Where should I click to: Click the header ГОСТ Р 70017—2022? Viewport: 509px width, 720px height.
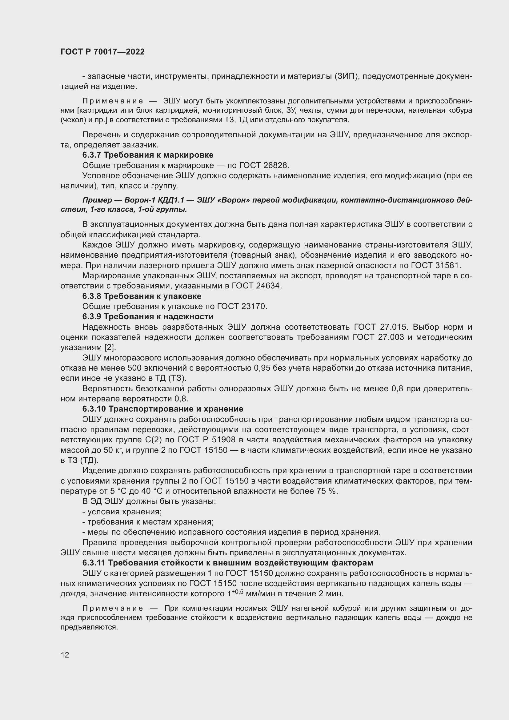pos(102,52)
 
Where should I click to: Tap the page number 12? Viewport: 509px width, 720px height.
pos(65,655)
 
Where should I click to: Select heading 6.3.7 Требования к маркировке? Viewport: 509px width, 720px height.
pos(148,155)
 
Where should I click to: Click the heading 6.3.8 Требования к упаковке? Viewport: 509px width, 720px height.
pos(142,296)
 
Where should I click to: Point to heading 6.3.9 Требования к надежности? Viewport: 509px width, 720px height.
pos(148,316)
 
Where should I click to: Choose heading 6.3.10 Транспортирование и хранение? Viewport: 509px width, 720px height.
pos(163,409)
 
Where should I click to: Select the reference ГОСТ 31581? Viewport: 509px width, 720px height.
pos(435,265)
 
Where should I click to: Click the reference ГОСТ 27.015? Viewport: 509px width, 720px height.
pos(381,327)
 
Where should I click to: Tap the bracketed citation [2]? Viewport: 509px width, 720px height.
pos(110,348)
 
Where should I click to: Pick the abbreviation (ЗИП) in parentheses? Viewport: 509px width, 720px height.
pos(346,76)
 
